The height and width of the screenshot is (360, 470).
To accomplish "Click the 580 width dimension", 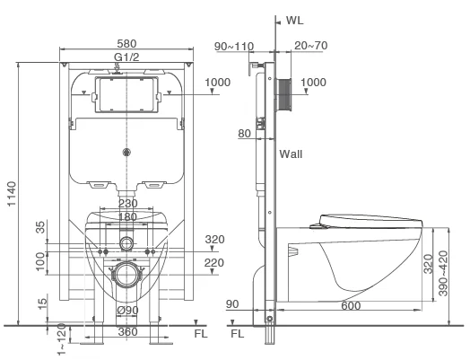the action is [126, 44].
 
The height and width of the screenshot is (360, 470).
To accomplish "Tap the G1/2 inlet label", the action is [126, 57].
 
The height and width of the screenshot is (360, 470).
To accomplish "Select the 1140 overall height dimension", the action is [12, 194].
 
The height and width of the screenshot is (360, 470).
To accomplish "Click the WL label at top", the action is [295, 21].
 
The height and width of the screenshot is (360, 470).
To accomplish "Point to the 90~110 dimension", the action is [234, 47].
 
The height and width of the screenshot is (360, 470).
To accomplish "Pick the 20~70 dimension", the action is [311, 46].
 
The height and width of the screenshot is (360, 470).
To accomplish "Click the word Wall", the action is [291, 154].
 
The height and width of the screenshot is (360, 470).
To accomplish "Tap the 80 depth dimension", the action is [244, 134].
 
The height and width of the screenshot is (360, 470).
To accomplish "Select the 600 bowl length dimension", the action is [351, 306].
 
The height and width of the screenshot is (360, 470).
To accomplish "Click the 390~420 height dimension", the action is [443, 273].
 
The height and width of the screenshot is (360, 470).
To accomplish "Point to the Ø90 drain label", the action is [127, 311].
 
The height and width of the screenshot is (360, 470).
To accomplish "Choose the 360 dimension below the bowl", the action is [127, 332].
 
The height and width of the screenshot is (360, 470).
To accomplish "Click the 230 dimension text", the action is [128, 204].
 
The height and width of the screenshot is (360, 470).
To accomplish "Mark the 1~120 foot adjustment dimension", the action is [61, 339].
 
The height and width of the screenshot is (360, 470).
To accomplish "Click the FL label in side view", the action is [238, 334].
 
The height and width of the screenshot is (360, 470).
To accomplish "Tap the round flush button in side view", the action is [283, 95].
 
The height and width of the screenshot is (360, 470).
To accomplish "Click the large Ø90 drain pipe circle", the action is [127, 275].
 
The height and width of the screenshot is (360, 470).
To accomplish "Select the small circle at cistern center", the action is [126, 152].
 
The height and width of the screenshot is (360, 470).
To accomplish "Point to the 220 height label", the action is [214, 263].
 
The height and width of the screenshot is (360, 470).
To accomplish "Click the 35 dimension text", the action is [40, 227].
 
